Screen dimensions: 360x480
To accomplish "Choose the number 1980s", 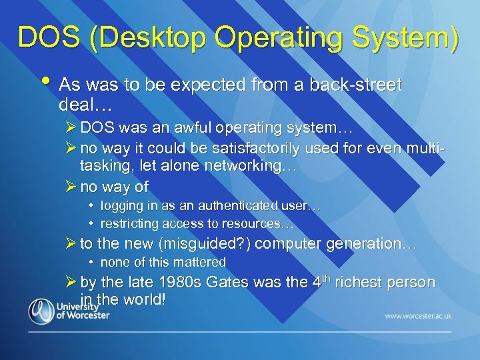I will (x=177, y=282).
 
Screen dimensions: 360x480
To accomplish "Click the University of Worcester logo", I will (x=69, y=311).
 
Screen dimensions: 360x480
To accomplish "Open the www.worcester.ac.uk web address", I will (x=417, y=315).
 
